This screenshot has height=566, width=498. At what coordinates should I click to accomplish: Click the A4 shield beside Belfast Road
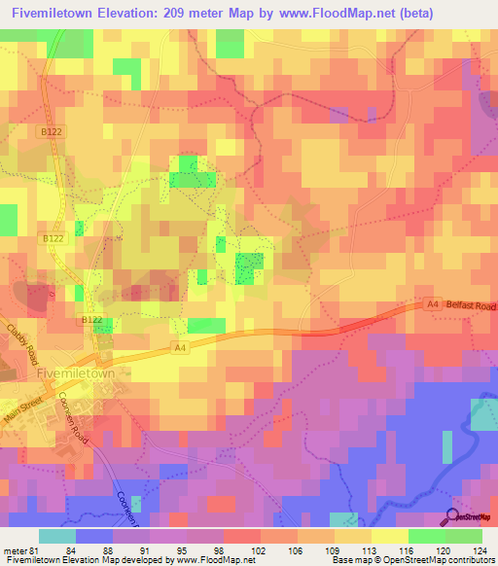pyautogui.click(x=433, y=305)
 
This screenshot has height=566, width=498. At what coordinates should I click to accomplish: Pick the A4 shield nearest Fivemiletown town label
pyautogui.click(x=180, y=347)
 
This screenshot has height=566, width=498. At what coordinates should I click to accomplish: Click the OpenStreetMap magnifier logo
pyautogui.click(x=453, y=516)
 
